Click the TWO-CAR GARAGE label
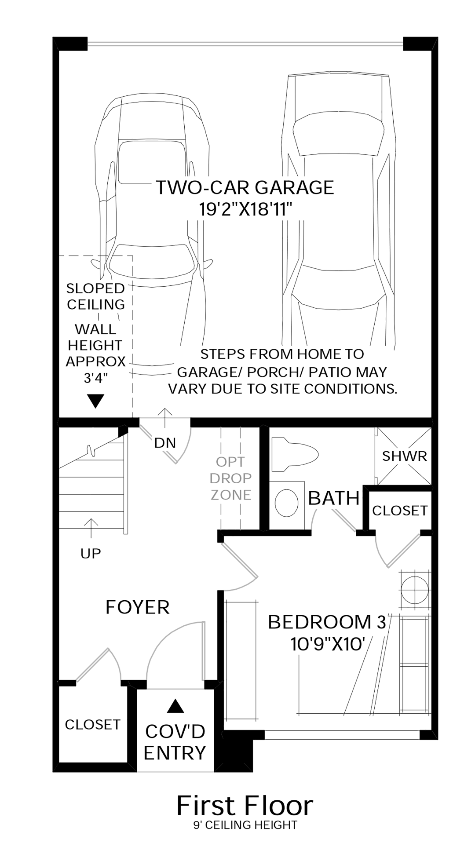tap(245, 187)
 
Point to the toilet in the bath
tap(294, 454)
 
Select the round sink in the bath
tap(286, 503)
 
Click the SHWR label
tap(404, 456)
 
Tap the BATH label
tap(334, 498)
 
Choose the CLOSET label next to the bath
tap(399, 511)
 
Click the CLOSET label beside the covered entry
tap(92, 725)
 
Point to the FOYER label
tap(138, 607)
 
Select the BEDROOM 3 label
tap(327, 622)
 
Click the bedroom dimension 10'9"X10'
tap(328, 644)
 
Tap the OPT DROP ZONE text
tap(230, 478)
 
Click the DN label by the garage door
tap(165, 443)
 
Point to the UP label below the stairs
tap(91, 554)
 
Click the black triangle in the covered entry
tap(175, 706)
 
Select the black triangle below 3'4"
tap(95, 401)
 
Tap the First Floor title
tap(245, 806)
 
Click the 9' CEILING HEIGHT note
tap(245, 825)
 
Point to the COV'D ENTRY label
tap(175, 742)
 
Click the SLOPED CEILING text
tap(95, 296)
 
